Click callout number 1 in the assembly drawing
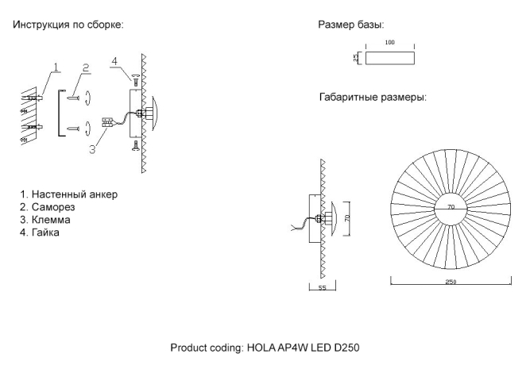coord(55,67)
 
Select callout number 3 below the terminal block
coord(92,148)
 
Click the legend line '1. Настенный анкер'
coord(72,194)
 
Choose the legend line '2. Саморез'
coord(53,206)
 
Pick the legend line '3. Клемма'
coord(51,219)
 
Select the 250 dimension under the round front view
coord(451,282)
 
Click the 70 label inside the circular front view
coord(451,206)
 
